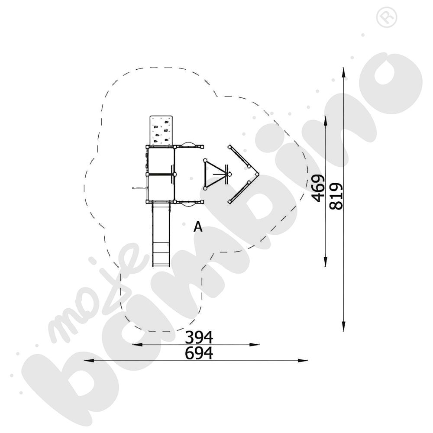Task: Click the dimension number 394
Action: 199,337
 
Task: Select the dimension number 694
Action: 199,353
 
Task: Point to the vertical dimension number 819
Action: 336,196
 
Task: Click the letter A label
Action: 198,226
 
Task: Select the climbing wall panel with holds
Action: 162,130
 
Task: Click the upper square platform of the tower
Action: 161,160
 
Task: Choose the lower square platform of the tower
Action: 161,188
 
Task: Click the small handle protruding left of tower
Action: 139,188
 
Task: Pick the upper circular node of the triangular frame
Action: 205,160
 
